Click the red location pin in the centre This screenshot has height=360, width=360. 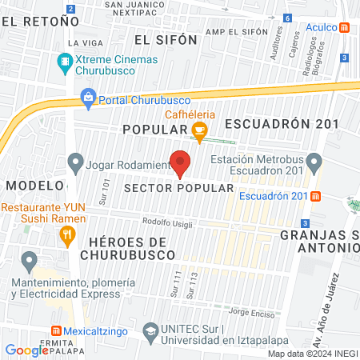pos(181,162)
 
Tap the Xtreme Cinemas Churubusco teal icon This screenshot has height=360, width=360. pos(64,61)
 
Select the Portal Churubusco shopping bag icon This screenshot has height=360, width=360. pos(87,100)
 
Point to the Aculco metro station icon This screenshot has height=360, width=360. pos(345,27)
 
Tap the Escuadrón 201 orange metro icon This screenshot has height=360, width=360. pos(316,197)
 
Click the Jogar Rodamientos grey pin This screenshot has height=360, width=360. pos(75,164)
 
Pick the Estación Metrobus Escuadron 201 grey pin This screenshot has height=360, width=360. pos(314,165)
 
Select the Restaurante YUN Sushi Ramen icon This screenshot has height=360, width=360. pos(67,236)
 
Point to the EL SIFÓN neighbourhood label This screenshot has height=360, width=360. pos(166,38)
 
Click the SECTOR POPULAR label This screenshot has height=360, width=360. pos(179,187)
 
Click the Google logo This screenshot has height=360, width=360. pos(27,350)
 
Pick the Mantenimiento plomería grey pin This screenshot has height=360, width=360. pos(30,261)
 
